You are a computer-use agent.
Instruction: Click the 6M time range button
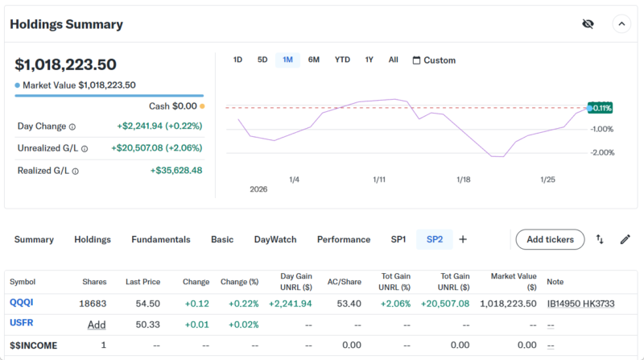coord(314,60)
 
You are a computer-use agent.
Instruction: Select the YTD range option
coord(342,60)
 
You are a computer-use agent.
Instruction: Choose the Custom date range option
coord(434,60)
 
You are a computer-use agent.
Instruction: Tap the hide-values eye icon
coord(588,24)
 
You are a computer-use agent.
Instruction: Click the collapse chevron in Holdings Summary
coord(621,24)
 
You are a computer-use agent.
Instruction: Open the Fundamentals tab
coord(161,239)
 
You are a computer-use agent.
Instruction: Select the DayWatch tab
coord(275,239)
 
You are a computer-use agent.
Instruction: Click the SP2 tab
coord(435,239)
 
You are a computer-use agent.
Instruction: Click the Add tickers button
coord(550,239)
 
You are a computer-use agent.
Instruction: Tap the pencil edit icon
coord(625,239)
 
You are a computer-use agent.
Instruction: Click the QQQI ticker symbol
coord(21,303)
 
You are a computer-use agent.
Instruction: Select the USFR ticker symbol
coord(21,323)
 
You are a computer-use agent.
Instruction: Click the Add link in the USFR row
coord(97,324)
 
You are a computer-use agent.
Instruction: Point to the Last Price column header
coord(142,282)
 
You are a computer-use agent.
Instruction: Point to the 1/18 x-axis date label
coord(463,180)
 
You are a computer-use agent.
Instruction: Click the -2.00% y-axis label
coord(603,152)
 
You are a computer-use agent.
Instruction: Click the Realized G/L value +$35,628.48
coord(175,170)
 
